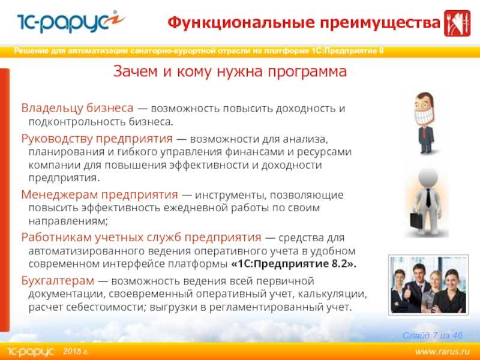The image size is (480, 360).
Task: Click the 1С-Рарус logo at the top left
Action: [71, 22]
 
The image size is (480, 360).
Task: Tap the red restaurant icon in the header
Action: [457, 23]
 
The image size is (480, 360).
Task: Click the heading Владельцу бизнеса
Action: [77, 108]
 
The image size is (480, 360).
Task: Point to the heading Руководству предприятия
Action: [97, 139]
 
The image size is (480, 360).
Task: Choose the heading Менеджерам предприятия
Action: [100, 194]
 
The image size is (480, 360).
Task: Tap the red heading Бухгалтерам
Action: [58, 281]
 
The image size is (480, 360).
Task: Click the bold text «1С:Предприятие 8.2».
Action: [294, 263]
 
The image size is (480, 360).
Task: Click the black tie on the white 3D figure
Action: [428, 197]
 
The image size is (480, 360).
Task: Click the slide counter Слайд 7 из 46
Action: [433, 335]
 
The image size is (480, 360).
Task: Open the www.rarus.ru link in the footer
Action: [442, 351]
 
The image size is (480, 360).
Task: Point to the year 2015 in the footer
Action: [72, 351]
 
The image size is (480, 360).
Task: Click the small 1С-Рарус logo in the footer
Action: [31, 352]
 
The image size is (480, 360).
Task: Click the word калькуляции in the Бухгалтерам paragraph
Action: [332, 294]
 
